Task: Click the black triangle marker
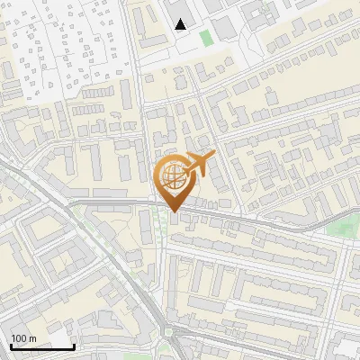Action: point(181,24)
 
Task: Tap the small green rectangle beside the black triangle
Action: point(205,38)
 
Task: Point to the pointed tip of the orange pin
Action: point(174,211)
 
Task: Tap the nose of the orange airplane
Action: point(213,156)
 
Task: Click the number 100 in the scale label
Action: point(19,337)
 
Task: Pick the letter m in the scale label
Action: point(32,337)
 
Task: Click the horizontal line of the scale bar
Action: point(42,346)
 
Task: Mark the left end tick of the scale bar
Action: point(11,345)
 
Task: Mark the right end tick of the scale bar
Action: point(74,345)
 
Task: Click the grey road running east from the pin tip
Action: point(252,220)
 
